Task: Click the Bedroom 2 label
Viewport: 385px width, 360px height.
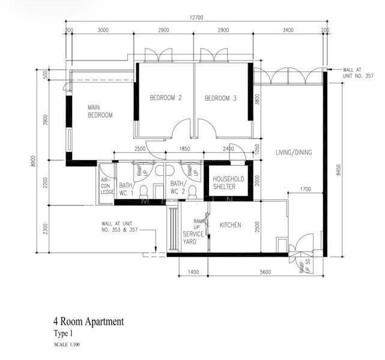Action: coord(166,98)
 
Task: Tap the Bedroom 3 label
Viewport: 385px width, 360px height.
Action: coord(220,98)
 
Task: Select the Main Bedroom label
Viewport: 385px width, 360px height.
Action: coord(100,111)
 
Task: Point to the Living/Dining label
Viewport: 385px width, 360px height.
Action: coord(294,152)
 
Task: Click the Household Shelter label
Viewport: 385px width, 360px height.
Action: coord(228,182)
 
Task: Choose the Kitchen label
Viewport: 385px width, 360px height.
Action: coord(230,225)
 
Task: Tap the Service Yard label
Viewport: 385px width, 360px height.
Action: coord(193,238)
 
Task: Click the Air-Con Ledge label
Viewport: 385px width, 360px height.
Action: coord(108,186)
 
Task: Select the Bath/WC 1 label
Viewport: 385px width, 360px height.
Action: coord(126,189)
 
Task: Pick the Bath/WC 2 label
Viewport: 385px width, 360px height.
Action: coord(178,187)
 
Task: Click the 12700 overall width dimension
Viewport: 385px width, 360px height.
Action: coord(196,17)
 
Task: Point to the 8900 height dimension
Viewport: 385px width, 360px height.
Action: coord(33,161)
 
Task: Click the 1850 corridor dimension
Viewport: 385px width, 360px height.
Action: coord(184,149)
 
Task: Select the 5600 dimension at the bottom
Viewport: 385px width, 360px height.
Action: coord(265,272)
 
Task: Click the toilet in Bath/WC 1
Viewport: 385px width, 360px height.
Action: coord(144,191)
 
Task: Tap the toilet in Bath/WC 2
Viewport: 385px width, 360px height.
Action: coord(192,191)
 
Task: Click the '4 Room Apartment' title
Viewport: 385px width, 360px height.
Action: coord(89,322)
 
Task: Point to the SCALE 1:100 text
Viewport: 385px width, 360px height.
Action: coord(67,344)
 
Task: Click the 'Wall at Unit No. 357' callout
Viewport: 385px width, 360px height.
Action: coord(358,73)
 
